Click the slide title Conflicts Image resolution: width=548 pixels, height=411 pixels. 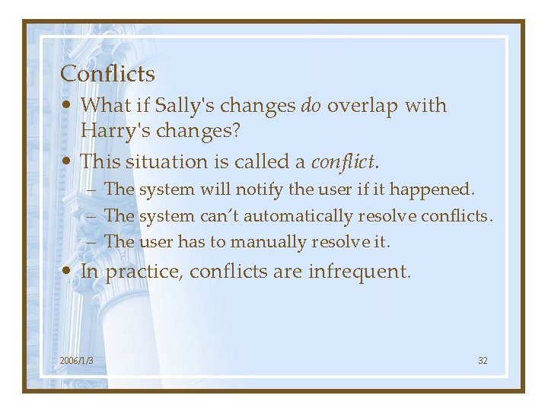click(107, 74)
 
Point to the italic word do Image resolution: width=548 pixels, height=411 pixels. click(311, 105)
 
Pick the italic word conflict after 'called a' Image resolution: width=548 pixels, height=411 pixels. click(343, 161)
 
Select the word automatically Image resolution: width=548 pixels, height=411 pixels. click(297, 216)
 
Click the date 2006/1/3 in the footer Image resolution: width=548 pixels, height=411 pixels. click(76, 360)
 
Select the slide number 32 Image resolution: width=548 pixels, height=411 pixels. click(483, 360)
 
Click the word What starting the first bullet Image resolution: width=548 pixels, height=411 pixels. click(104, 105)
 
